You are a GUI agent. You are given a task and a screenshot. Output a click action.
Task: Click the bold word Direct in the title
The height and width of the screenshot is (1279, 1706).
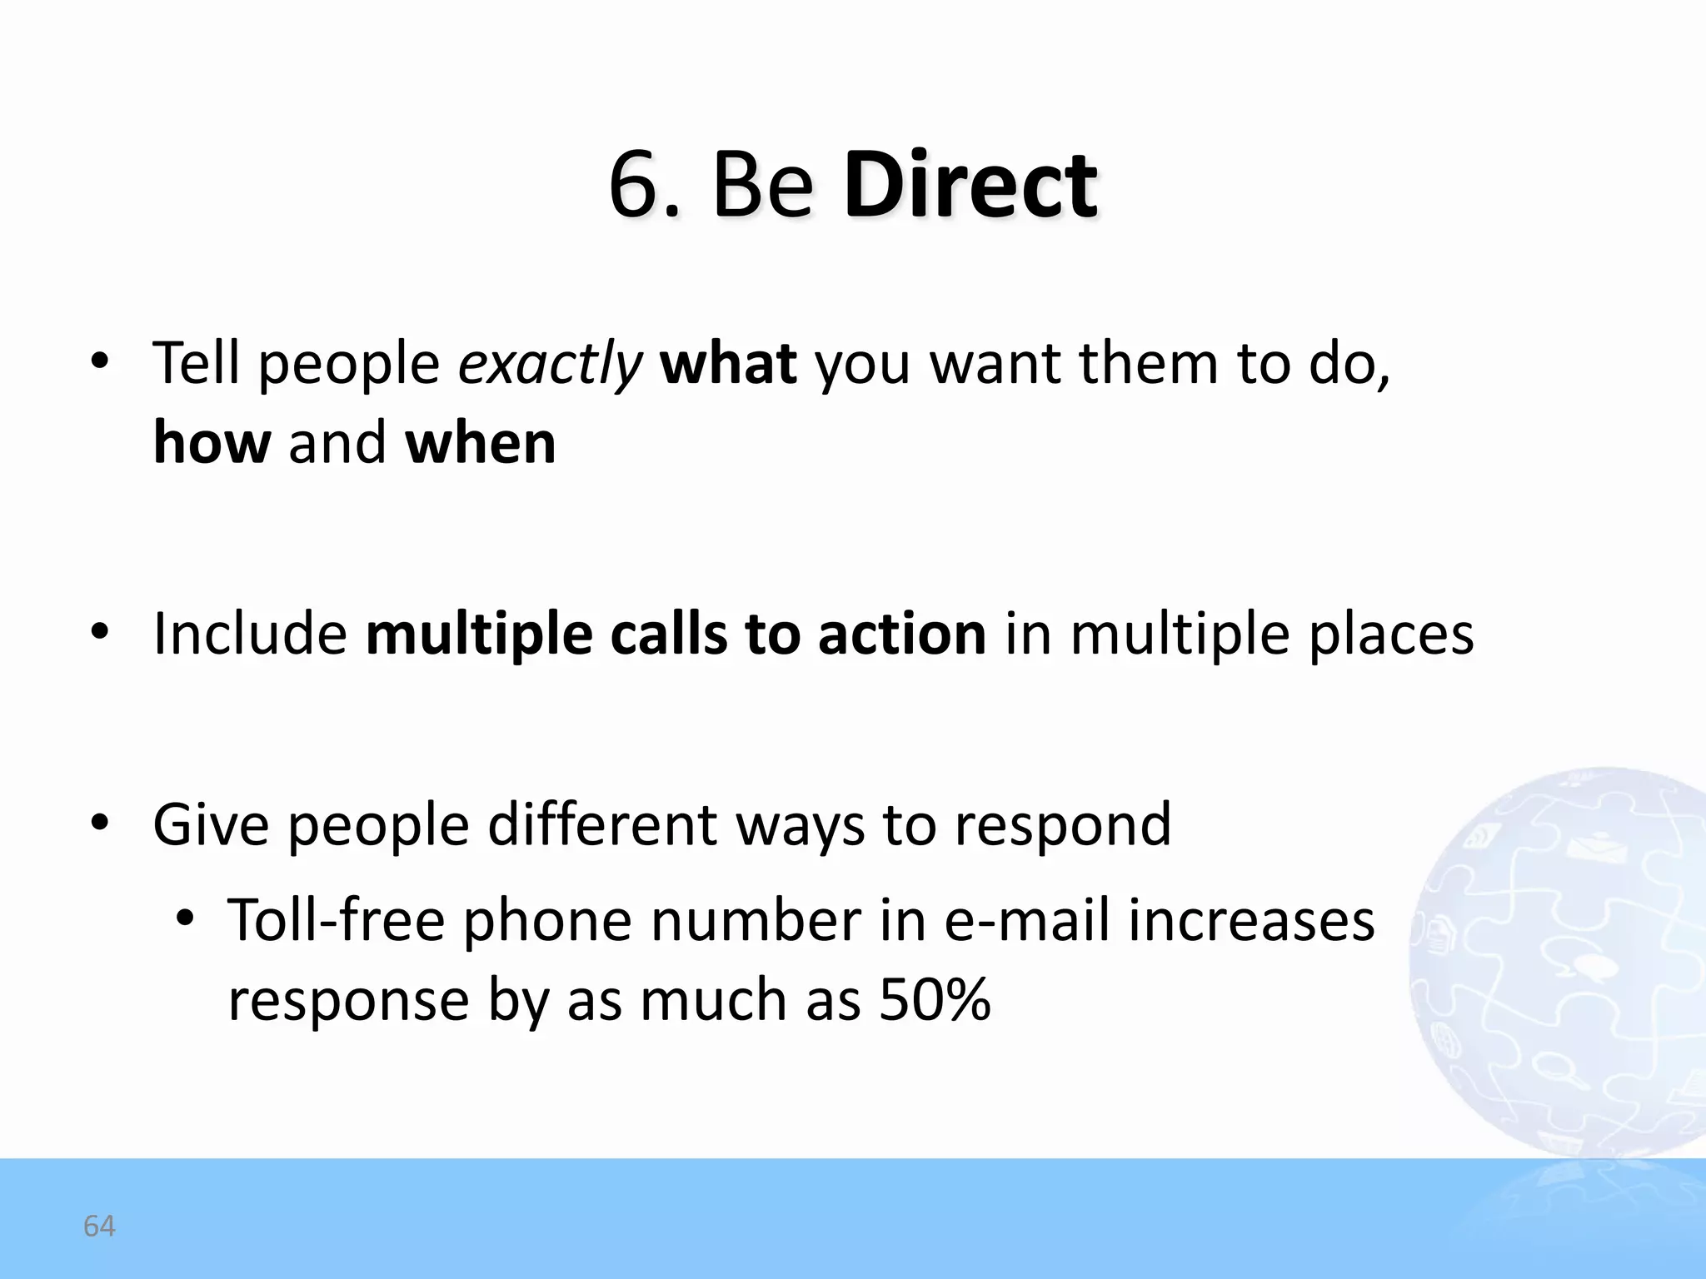(970, 185)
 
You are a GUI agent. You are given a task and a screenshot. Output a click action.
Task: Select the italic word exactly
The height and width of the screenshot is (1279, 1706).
(551, 365)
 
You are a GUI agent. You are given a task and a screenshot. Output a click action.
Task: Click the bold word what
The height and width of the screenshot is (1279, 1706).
(728, 363)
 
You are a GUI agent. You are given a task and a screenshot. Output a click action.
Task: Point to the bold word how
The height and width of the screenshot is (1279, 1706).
(212, 442)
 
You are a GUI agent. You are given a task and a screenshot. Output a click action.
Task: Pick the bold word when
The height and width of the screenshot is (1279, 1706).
(481, 442)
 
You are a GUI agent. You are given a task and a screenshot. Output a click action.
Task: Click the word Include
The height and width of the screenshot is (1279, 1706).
(250, 635)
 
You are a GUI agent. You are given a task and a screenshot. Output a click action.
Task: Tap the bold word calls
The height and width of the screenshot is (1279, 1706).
(669, 635)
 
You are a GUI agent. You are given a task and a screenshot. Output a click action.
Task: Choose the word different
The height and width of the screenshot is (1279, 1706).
(602, 825)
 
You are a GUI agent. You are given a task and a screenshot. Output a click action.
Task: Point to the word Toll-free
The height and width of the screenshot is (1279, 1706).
(337, 921)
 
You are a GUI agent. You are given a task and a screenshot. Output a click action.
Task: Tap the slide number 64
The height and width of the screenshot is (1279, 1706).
(99, 1226)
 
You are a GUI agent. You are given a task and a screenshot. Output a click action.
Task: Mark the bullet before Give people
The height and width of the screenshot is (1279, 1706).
(100, 824)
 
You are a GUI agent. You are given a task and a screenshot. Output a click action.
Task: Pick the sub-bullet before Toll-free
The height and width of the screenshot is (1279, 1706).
(185, 919)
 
